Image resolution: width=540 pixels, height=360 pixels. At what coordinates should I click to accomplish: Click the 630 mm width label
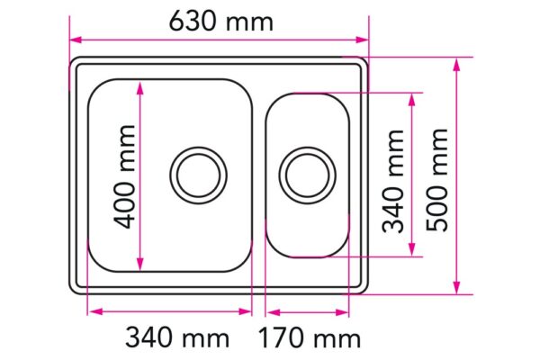[x=221, y=21]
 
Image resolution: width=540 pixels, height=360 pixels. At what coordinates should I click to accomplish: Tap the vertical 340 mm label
[x=393, y=180]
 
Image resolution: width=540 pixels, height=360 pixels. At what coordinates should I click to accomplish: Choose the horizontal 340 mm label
[x=176, y=338]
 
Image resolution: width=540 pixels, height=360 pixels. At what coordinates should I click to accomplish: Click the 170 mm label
[x=310, y=338]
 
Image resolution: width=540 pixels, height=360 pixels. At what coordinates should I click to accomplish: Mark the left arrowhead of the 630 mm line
[x=76, y=40]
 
